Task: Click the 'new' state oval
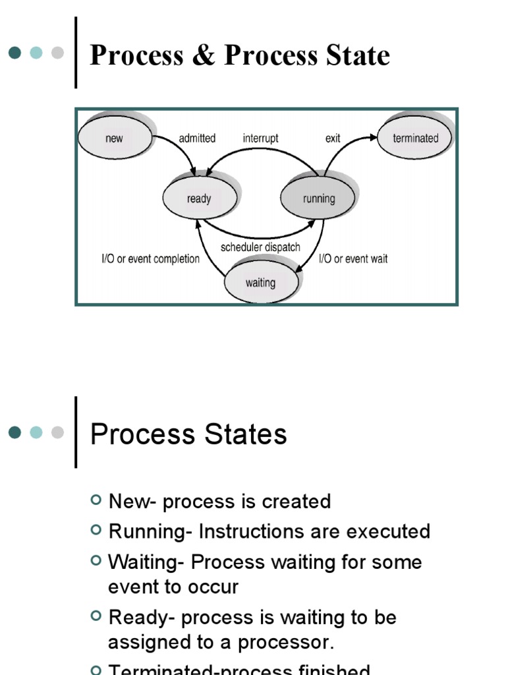tap(115, 138)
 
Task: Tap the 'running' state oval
tap(319, 198)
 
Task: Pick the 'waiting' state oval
tap(260, 283)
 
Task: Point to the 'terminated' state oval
tap(415, 138)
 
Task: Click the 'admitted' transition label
tap(197, 138)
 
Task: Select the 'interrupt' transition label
tap(260, 138)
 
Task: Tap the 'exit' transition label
tap(333, 138)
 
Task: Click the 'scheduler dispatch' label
tap(260, 247)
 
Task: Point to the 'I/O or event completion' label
tap(150, 259)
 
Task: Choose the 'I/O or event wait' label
tap(353, 259)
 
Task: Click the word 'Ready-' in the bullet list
tap(142, 618)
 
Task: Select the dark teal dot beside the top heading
tap(15, 53)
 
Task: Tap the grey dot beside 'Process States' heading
tap(57, 432)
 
